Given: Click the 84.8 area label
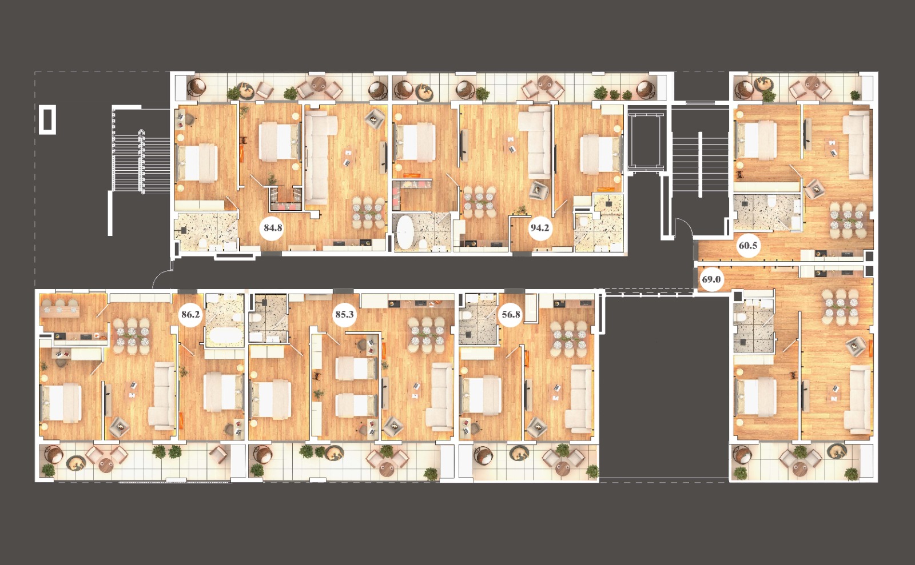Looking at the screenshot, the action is point(272,227).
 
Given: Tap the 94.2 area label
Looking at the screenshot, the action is point(540,227).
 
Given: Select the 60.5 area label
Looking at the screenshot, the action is point(748,246).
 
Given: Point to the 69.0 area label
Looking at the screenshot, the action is point(711,280).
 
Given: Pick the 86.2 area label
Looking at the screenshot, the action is point(191,315).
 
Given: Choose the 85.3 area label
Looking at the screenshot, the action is point(344,315).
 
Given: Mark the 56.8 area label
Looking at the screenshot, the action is point(511,315).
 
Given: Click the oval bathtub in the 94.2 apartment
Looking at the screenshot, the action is point(405,231).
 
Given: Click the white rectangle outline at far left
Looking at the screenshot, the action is point(47,119).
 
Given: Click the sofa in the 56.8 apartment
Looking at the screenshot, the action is point(578,398).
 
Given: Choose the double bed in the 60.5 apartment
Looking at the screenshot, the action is point(755,141).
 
